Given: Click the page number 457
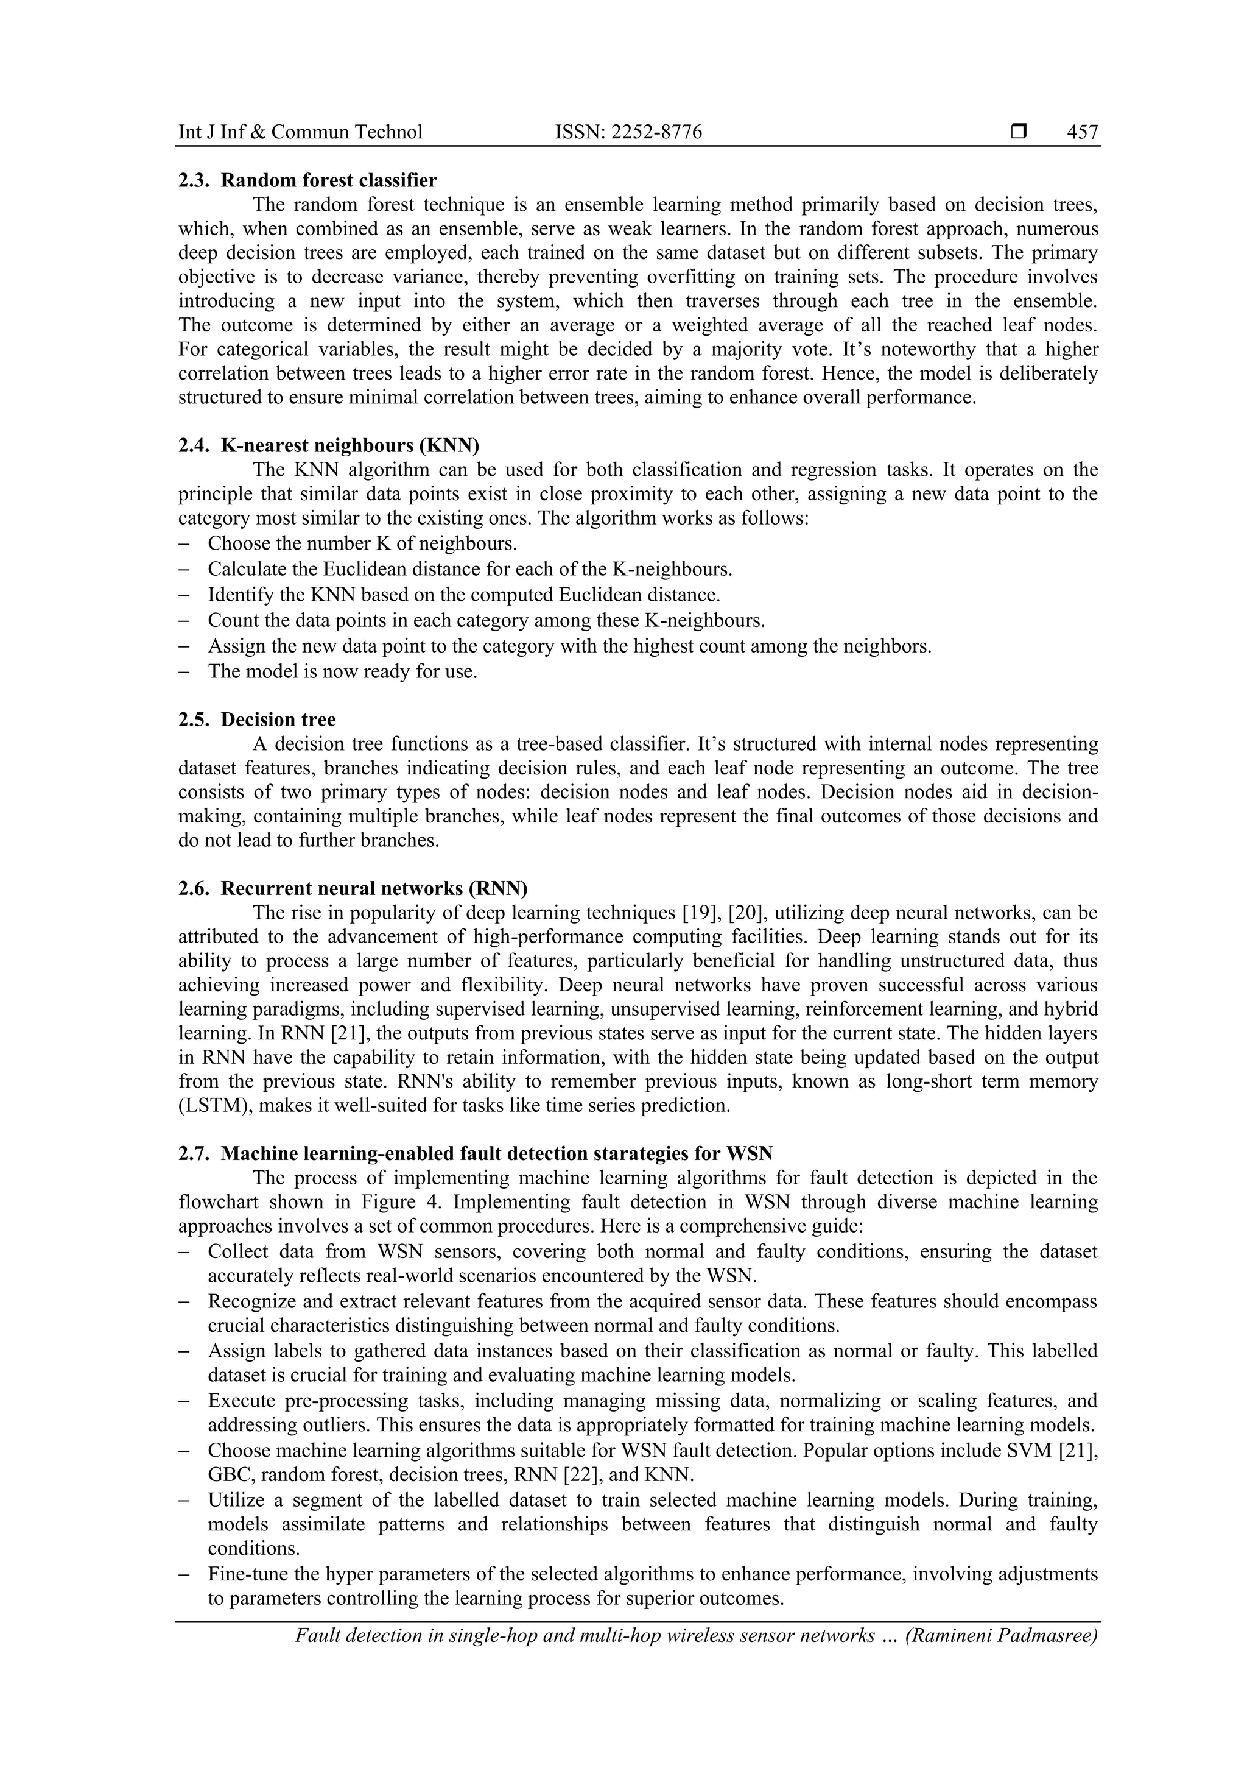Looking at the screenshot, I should (x=1082, y=132).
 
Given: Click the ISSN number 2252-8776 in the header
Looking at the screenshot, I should (x=656, y=132).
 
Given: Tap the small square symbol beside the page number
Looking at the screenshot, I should (x=1019, y=132).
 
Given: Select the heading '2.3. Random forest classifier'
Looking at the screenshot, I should (x=307, y=181).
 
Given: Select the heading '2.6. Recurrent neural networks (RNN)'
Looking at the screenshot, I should (x=353, y=889).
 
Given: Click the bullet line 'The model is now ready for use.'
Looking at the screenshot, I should (x=343, y=671).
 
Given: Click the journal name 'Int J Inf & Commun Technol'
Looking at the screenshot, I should (x=300, y=132).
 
